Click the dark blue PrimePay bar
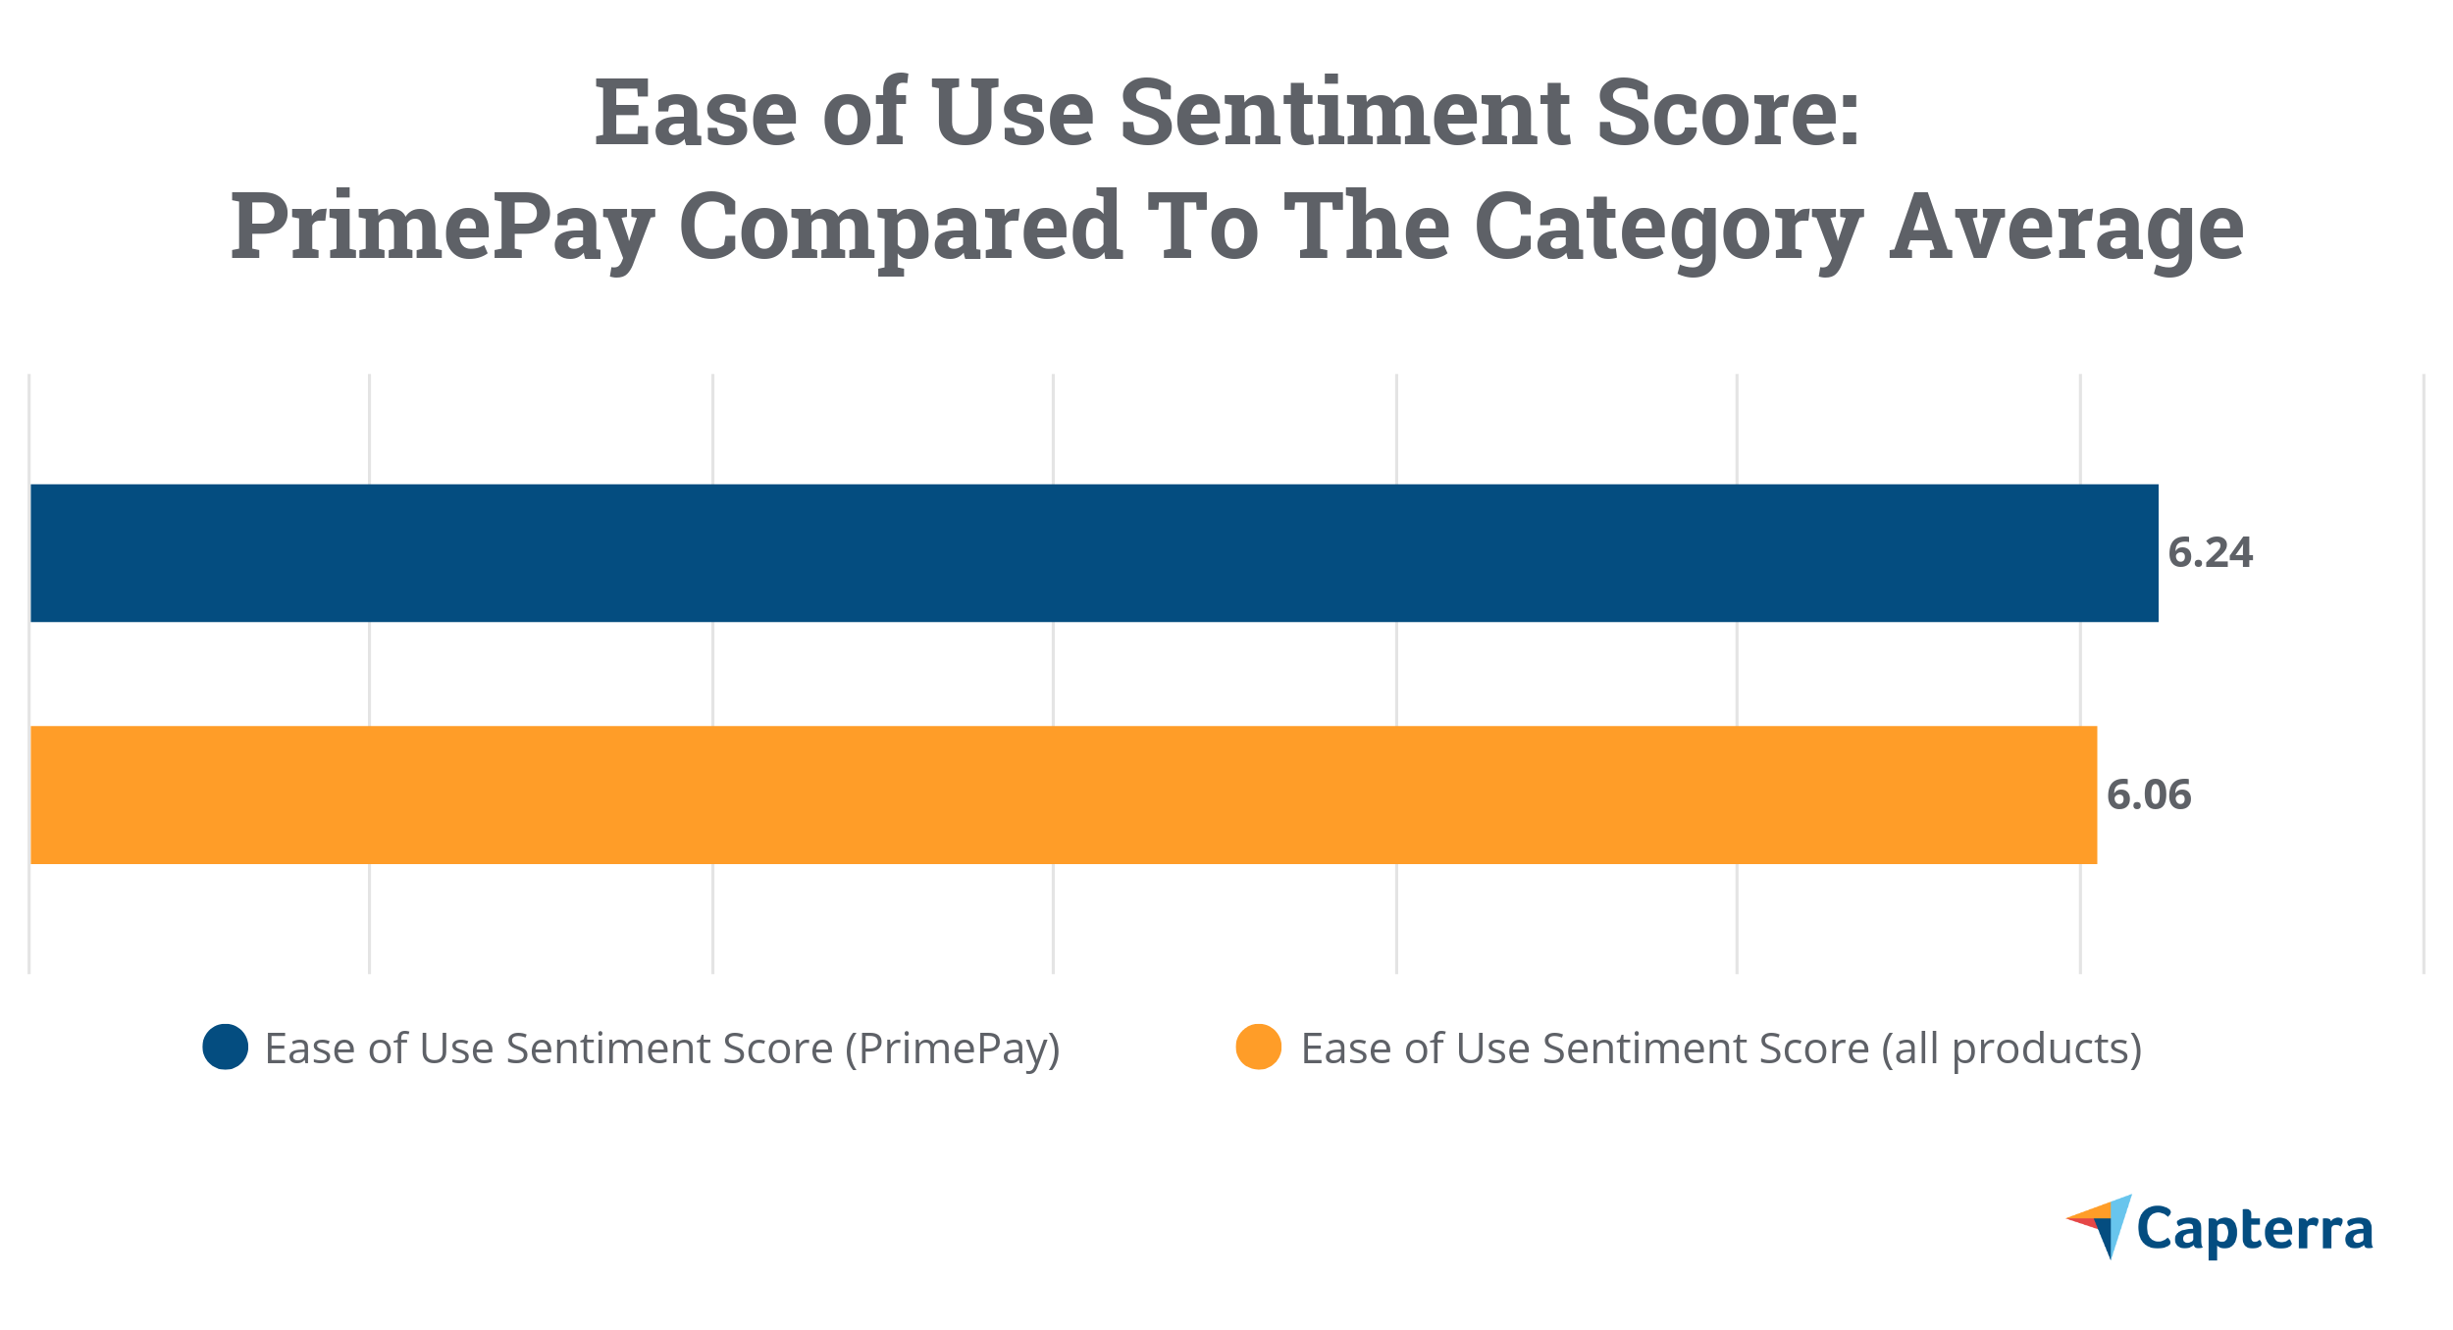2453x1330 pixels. pyautogui.click(x=1094, y=553)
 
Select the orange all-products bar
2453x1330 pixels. pyautogui.click(x=1064, y=795)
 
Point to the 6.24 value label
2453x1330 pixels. pyautogui.click(x=2210, y=553)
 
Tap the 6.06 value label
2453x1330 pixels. pyautogui.click(x=2149, y=795)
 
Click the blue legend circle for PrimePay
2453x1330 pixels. pyautogui.click(x=225, y=1048)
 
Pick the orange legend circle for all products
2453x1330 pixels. pyautogui.click(x=1258, y=1048)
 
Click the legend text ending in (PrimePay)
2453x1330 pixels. pyautogui.click(x=662, y=1049)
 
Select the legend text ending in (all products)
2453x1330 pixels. pyautogui.click(x=1721, y=1049)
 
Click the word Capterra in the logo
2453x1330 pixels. pyautogui.click(x=2255, y=1230)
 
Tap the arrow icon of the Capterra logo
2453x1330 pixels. pyautogui.click(x=2103, y=1224)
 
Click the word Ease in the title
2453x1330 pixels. pyautogui.click(x=696, y=114)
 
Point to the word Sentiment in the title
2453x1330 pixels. pyautogui.click(x=1345, y=114)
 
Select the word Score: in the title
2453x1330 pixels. pyautogui.click(x=1728, y=114)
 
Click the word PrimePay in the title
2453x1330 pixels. pyautogui.click(x=443, y=230)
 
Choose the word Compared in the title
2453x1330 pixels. pyautogui.click(x=901, y=230)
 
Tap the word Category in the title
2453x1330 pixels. pyautogui.click(x=1669, y=230)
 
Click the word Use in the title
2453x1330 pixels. pyautogui.click(x=1014, y=114)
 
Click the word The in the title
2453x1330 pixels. pyautogui.click(x=1367, y=228)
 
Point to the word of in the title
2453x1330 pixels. pyautogui.click(x=864, y=114)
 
